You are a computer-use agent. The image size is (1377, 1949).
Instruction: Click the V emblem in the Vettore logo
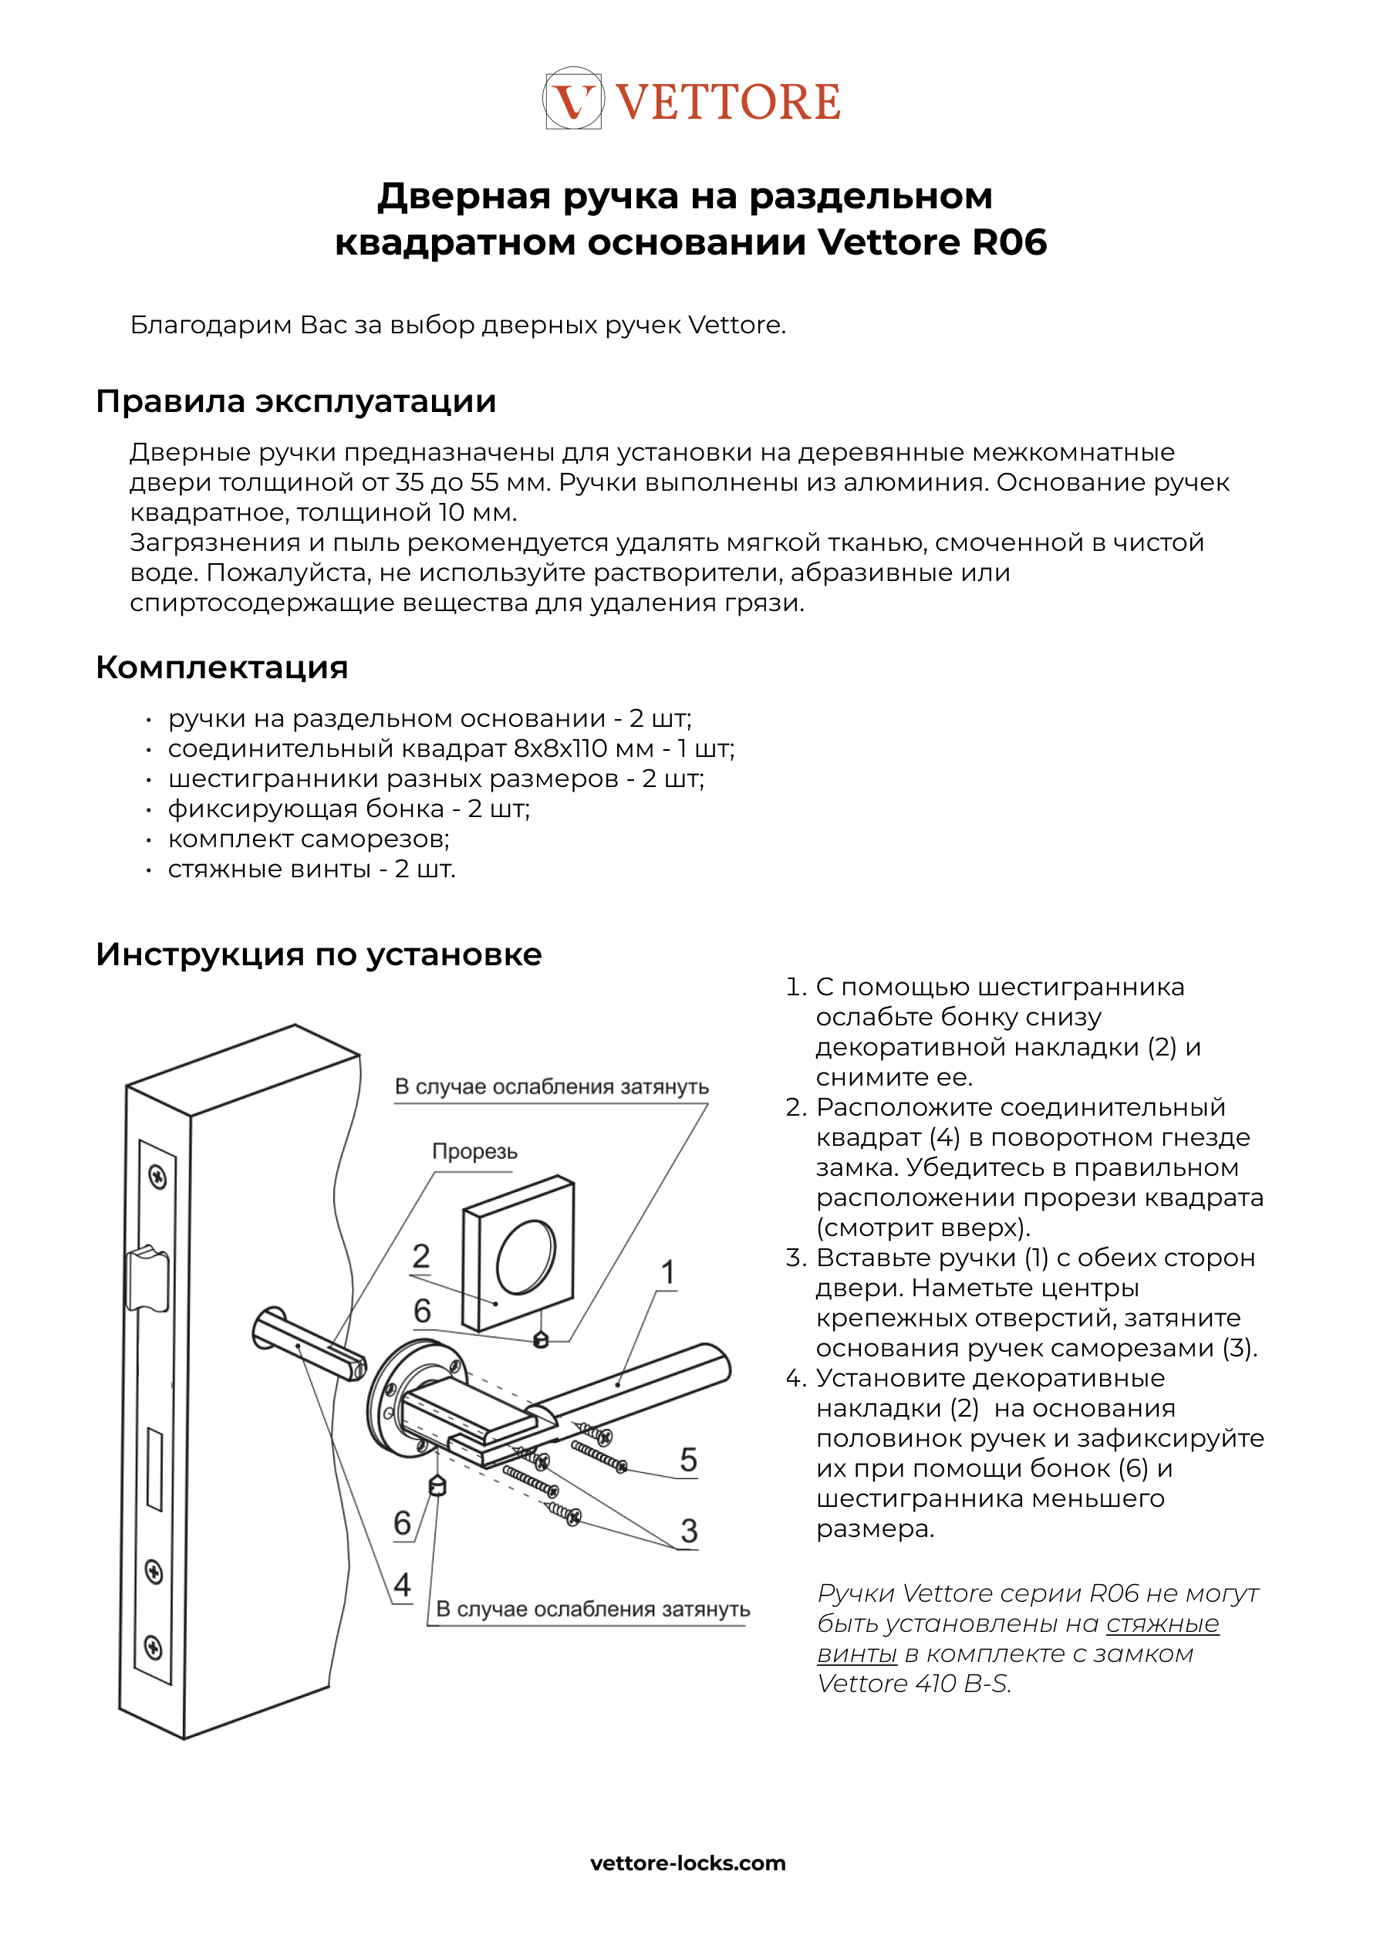point(573,100)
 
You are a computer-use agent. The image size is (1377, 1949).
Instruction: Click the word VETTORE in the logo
point(727,102)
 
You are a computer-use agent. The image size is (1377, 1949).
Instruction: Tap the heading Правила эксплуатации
point(295,401)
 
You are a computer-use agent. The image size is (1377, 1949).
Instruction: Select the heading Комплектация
point(221,667)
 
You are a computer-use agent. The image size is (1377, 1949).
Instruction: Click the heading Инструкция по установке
point(319,954)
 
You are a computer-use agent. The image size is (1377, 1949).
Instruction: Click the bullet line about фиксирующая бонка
point(348,808)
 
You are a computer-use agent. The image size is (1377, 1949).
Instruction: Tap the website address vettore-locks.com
point(687,1863)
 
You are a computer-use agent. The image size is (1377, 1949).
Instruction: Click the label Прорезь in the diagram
point(474,1151)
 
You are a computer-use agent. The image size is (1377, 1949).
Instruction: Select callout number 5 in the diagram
point(688,1460)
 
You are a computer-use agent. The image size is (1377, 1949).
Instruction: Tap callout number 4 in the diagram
point(402,1584)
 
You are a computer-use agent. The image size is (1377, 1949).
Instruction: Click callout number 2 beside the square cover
point(421,1255)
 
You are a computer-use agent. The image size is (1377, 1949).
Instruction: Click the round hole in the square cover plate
point(525,1256)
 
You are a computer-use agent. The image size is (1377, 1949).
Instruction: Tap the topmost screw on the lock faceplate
point(157,1177)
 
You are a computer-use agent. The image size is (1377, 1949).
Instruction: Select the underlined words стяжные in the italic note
point(1163,1623)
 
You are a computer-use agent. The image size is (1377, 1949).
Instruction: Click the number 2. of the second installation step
point(795,1107)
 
